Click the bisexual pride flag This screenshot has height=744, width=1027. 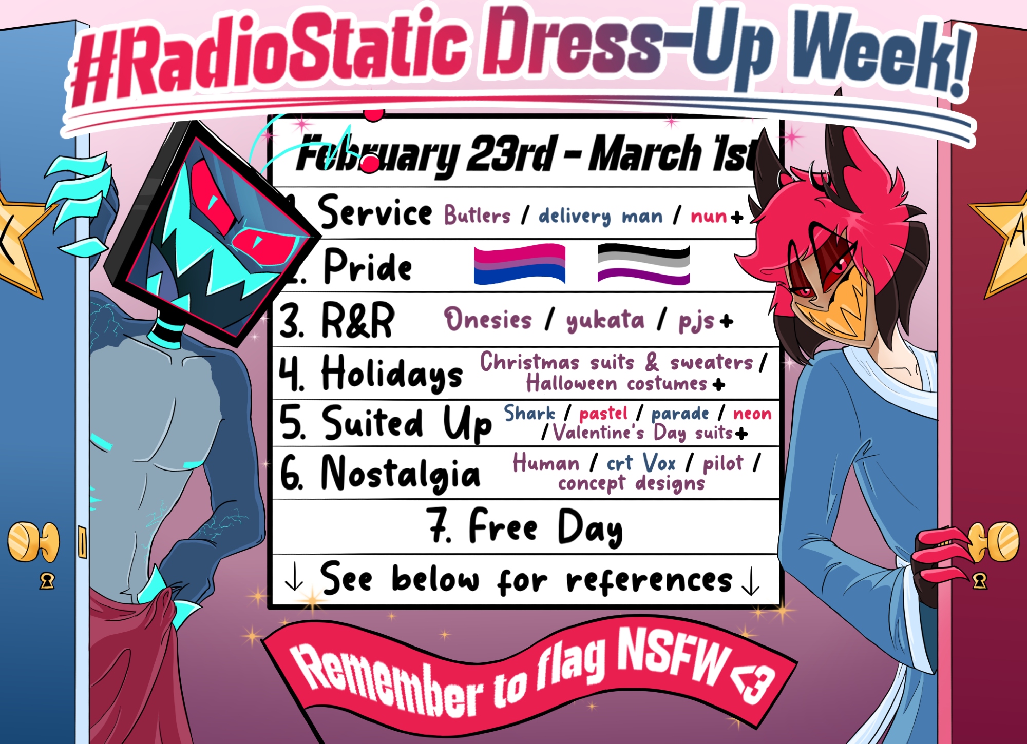(519, 264)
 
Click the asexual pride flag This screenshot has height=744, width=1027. (643, 264)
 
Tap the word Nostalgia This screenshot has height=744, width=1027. (401, 473)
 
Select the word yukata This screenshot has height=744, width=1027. (605, 321)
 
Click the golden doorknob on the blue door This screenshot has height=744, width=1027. (33, 542)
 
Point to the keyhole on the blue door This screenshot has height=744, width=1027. (47, 581)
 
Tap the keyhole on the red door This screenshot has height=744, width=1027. (979, 581)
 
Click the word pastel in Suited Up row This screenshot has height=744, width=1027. (603, 414)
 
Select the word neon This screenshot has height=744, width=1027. (752, 414)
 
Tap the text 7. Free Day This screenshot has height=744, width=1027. (525, 526)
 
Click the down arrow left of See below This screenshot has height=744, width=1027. (294, 578)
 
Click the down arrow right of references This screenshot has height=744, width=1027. (751, 581)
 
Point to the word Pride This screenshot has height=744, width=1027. (368, 265)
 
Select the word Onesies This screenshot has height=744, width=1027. (488, 319)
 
